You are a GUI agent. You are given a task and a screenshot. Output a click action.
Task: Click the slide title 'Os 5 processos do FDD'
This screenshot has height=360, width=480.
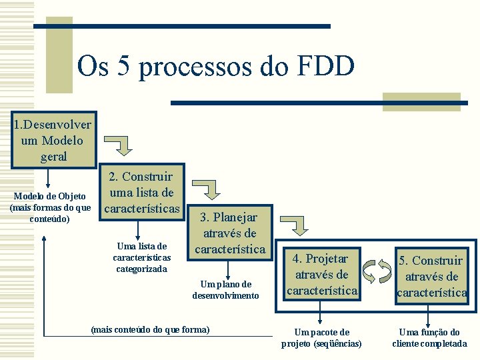coord(215,66)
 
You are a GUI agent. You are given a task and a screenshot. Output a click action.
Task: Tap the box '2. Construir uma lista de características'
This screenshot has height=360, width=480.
coord(141,193)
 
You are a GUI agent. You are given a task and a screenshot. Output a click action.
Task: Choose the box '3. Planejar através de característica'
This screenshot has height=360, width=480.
coord(229,233)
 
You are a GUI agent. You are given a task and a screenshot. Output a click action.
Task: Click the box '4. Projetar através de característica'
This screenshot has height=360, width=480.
coord(322,274)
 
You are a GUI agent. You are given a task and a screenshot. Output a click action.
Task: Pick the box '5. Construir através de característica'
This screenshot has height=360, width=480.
coord(432,276)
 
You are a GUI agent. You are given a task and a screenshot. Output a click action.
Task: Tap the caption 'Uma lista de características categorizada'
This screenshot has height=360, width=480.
coord(141,257)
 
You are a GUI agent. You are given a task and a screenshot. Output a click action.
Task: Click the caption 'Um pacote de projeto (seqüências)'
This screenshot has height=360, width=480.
coord(321,338)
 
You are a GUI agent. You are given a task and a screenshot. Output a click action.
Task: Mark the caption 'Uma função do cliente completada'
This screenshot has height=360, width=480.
coord(429,338)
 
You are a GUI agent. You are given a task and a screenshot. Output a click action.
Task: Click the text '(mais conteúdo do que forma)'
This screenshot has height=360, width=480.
coord(149,329)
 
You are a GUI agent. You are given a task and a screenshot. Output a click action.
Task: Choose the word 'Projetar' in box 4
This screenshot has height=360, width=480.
coord(327,259)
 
